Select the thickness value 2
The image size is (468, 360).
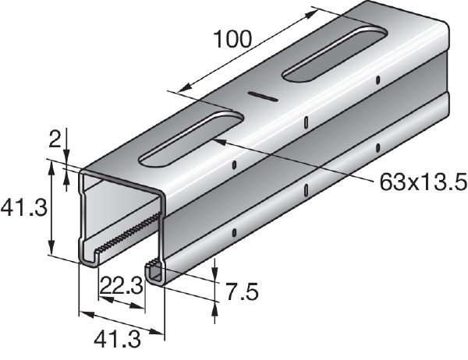(x=55, y=141)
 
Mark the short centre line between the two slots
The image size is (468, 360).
(x=263, y=97)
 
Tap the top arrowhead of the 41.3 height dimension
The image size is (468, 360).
(x=52, y=166)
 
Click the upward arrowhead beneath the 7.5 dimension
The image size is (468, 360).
(x=214, y=309)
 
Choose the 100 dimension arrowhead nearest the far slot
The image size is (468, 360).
(x=314, y=12)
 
